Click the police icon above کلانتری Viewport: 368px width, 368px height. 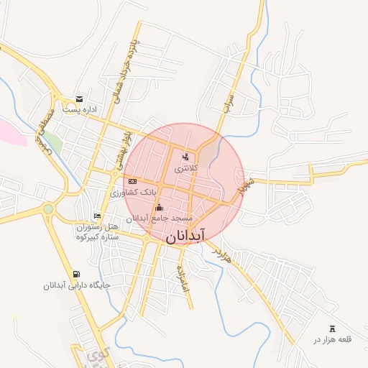point(185,156)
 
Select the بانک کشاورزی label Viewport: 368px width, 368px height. point(132,193)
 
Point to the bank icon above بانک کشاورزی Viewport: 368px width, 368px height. point(132,181)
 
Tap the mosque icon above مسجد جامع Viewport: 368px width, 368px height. point(159,208)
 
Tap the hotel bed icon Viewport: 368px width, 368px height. point(98,216)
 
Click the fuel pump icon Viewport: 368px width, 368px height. point(76,274)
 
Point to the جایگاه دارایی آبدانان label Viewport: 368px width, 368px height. point(75,285)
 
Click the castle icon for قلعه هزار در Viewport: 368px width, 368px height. point(331,328)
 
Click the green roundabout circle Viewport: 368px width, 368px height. point(48,209)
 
